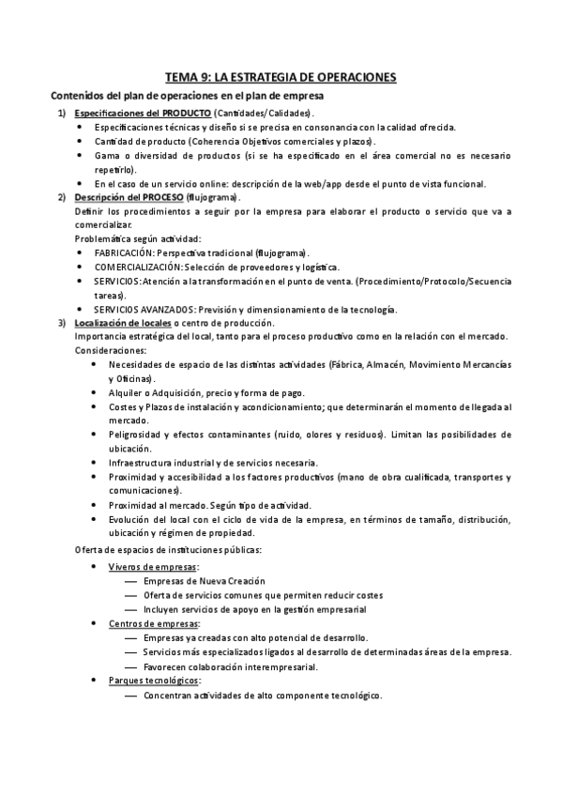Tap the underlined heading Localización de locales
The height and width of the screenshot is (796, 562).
point(123,323)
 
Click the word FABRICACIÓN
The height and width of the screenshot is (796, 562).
point(124,253)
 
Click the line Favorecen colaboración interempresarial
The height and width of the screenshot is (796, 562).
point(231,666)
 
